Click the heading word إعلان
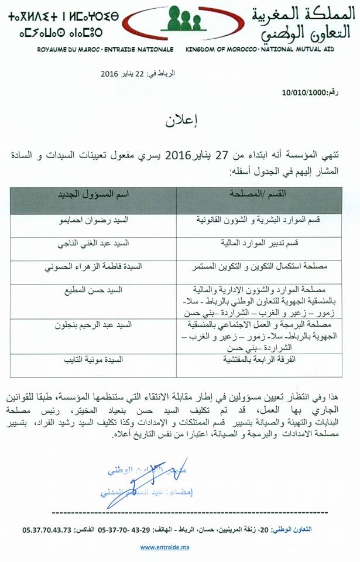coord(180,125)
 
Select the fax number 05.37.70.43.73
coord(46,529)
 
